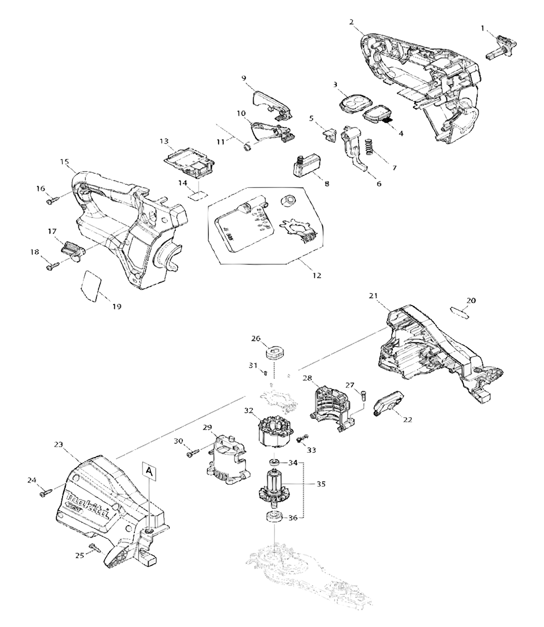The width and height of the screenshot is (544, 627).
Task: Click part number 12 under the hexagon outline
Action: (x=316, y=276)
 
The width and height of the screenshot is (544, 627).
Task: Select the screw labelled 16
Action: (x=52, y=200)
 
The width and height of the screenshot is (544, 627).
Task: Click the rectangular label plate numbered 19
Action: (x=90, y=285)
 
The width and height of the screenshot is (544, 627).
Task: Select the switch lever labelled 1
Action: (x=504, y=45)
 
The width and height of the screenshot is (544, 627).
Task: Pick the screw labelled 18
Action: (x=53, y=267)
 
